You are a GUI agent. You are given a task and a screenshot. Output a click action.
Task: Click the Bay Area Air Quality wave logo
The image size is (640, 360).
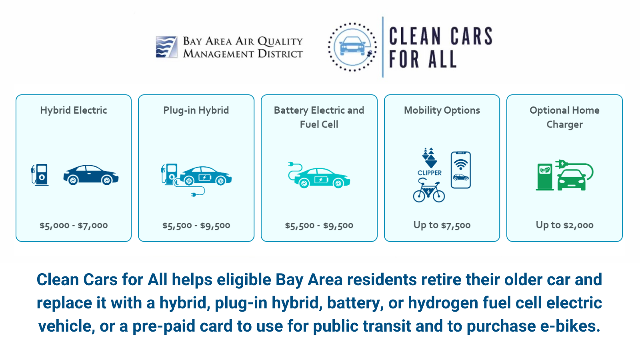pos(166,47)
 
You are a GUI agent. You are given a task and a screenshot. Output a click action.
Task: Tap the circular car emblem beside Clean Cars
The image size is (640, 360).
pos(352,47)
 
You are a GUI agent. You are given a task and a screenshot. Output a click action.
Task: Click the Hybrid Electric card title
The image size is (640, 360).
pos(74,110)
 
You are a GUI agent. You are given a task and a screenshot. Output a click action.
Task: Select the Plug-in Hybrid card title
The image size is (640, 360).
pos(196,110)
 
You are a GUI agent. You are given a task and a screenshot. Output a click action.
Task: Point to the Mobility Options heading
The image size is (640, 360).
pos(442,110)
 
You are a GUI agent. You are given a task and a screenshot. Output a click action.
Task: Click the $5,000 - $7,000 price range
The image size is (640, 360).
pos(74,226)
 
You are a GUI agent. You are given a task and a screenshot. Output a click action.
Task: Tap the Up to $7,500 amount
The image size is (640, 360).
pos(442,225)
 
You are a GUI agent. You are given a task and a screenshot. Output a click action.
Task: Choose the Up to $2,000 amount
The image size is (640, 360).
pos(564,225)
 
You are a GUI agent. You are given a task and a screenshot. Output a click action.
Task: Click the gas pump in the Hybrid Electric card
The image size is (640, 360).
pos(40,175)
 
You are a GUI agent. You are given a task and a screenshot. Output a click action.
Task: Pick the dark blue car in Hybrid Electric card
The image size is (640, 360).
pos(91,175)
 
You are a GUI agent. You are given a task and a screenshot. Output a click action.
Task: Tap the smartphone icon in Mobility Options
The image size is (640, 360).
pos(460,170)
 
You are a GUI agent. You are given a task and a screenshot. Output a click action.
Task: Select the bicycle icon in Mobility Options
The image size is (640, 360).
pos(428,190)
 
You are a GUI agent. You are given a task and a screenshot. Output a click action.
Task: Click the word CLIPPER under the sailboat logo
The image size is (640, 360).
pos(430,173)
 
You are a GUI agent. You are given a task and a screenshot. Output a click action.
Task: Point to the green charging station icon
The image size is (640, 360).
pos(544,177)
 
